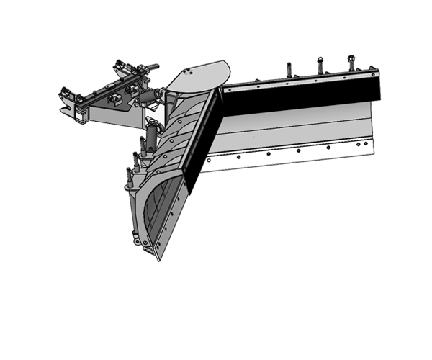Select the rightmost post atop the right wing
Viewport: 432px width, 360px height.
351,63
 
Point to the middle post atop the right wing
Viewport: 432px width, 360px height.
320,66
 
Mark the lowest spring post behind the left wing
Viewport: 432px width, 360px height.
130,176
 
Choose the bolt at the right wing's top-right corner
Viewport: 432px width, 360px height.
374,71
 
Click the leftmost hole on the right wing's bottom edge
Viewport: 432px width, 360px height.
209,161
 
